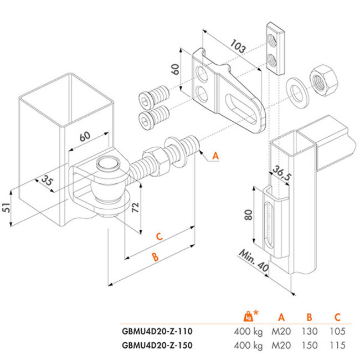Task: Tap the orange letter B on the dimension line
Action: pyautogui.click(x=156, y=258)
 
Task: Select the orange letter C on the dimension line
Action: pyautogui.click(x=158, y=237)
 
